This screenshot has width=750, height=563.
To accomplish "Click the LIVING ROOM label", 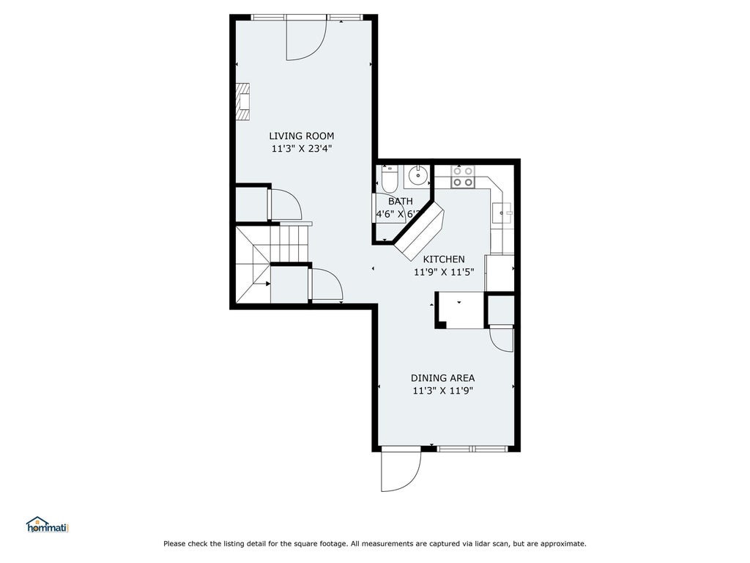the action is (x=301, y=136).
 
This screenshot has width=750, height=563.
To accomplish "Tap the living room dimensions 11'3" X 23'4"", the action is (x=302, y=149).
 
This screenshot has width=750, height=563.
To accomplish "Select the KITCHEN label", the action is (x=444, y=259).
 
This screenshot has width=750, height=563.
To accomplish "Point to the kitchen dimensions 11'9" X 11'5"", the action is (x=444, y=272).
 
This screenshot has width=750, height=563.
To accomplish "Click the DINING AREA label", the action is (x=443, y=378).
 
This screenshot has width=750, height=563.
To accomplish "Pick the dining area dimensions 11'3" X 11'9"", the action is (x=443, y=391).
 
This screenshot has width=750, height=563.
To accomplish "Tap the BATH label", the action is (x=401, y=202).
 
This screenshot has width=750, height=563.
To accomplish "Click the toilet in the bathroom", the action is (x=390, y=178).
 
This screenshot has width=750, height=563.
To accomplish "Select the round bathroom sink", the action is (x=418, y=176).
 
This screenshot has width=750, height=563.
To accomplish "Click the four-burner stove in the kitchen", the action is (x=463, y=177).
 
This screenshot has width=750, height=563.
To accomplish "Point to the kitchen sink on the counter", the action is (x=502, y=213).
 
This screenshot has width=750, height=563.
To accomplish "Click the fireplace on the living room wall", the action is (x=243, y=102).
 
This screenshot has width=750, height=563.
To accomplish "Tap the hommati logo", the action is (x=48, y=525).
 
